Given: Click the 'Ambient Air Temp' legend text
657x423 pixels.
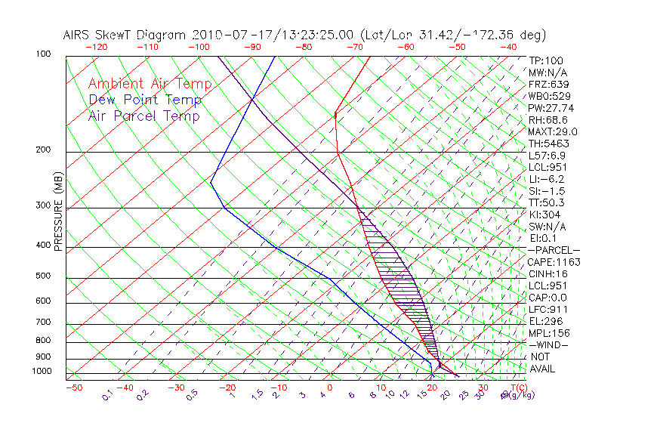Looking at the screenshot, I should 150,85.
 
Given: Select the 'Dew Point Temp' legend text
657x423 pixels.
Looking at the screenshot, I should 145,100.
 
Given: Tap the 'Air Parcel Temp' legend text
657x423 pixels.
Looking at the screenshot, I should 143,116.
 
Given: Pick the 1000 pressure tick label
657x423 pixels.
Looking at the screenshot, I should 42,372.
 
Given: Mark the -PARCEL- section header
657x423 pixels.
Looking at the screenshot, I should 554,250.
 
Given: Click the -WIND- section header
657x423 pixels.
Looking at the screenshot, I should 549,344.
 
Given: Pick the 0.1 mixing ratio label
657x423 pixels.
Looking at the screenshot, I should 107,394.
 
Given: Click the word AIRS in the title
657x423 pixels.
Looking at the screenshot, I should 79,35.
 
